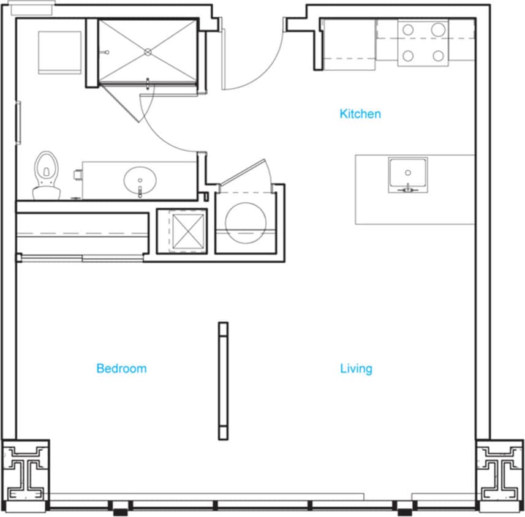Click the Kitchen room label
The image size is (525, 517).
click(x=360, y=114)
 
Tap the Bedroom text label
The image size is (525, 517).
click(x=121, y=369)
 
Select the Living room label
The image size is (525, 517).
click(x=356, y=369)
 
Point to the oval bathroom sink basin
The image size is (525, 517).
click(x=140, y=180)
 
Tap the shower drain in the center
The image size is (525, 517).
click(x=148, y=52)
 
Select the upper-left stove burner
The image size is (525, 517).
click(x=408, y=29)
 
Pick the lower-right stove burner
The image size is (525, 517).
click(x=438, y=56)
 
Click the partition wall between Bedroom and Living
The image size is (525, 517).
click(x=223, y=380)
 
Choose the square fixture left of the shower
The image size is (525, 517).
click(x=59, y=53)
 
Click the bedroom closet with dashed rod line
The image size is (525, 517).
click(x=83, y=233)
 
